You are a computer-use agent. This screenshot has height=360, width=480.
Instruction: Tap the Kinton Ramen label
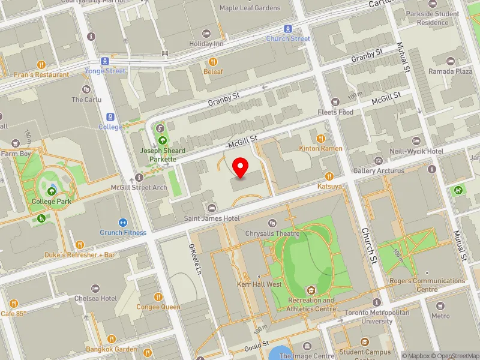[x=321, y=148]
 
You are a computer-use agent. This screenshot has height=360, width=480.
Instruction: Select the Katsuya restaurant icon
[x=329, y=176]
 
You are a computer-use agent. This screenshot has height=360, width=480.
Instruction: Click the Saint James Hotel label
[x=212, y=218]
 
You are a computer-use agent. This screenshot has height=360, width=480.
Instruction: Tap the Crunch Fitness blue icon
[x=123, y=223]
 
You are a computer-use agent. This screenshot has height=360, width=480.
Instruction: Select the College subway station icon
[x=110, y=117]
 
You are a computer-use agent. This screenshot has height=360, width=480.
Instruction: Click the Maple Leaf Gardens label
[x=250, y=8]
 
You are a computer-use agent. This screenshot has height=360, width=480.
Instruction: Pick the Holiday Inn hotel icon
[x=206, y=34]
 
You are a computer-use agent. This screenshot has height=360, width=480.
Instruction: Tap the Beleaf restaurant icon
[x=212, y=62]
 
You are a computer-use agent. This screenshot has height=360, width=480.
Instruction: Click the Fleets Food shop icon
[x=335, y=101]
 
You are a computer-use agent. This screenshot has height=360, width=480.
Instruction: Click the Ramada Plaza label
[x=450, y=71]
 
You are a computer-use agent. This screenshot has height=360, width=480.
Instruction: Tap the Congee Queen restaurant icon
[x=158, y=296]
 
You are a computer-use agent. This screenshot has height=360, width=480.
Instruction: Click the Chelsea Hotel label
[x=95, y=298]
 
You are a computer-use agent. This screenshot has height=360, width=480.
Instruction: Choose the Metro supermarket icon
[x=440, y=306]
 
